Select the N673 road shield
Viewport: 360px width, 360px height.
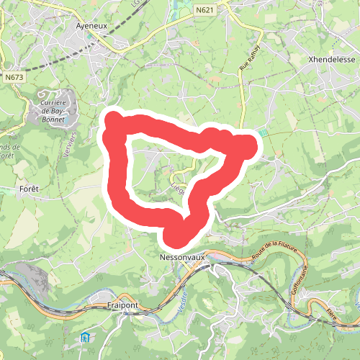pos(12,76)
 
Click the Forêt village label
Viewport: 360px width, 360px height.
pos(24,189)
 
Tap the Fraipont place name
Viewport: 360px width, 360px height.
pos(120,306)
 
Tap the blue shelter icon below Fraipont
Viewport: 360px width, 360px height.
pos(86,336)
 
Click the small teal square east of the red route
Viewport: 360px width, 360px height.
pos(263,132)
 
